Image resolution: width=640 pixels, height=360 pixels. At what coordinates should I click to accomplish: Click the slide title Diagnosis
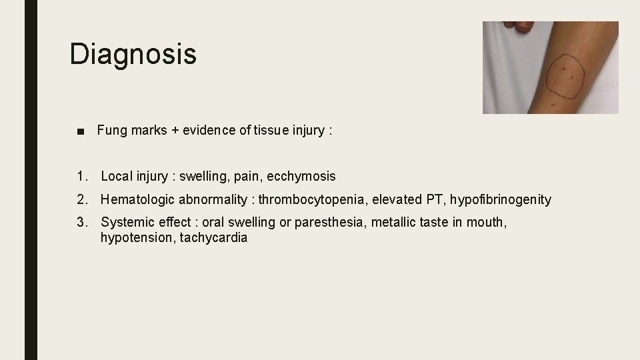(133, 53)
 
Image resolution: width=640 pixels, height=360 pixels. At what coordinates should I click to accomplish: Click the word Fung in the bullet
(112, 131)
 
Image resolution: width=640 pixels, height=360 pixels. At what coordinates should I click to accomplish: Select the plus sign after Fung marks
(175, 131)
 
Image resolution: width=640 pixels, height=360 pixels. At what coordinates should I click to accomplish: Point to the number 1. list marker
(82, 177)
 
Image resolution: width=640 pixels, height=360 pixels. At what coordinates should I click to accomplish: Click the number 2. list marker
(82, 199)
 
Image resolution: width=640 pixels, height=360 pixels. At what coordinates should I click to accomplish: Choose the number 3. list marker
(82, 222)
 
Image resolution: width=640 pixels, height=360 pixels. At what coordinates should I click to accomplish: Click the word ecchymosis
(301, 177)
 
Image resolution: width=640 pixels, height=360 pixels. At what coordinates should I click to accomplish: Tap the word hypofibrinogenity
(501, 199)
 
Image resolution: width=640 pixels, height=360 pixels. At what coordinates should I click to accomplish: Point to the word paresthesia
(332, 222)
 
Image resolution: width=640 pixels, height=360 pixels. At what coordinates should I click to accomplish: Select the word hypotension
(137, 238)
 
